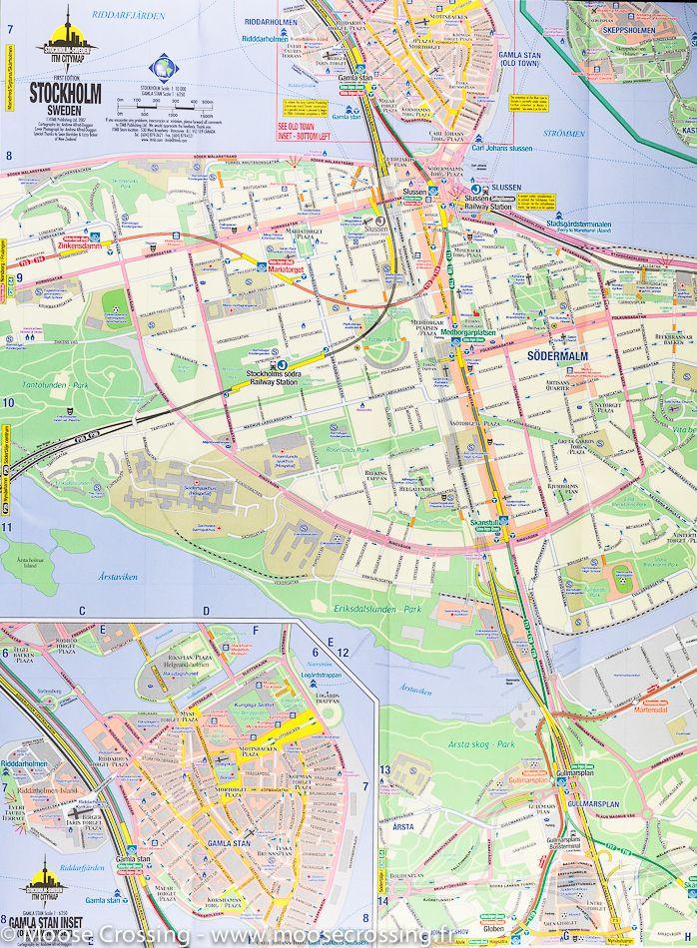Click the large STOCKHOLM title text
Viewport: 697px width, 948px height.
click(66, 92)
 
